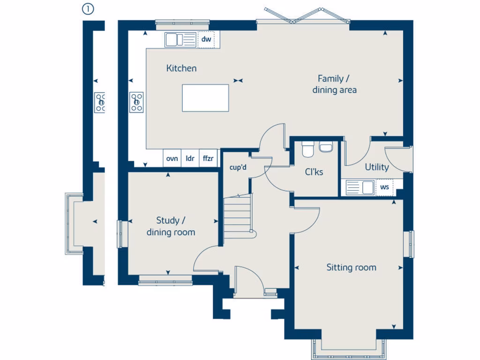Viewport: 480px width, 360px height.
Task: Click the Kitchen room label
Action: pyautogui.click(x=181, y=68)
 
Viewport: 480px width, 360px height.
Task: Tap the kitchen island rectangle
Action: pyautogui.click(x=205, y=98)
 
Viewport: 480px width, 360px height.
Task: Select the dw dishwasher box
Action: pyautogui.click(x=206, y=40)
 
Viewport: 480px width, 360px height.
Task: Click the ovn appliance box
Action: pyautogui.click(x=172, y=158)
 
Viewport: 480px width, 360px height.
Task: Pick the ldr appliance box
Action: pyautogui.click(x=190, y=158)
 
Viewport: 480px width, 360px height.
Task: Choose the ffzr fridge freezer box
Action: pyautogui.click(x=208, y=158)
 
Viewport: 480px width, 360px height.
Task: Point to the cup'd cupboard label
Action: pyautogui.click(x=238, y=167)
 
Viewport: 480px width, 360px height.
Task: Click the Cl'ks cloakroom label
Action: pyautogui.click(x=314, y=172)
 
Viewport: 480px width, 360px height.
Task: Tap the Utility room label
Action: pyautogui.click(x=377, y=167)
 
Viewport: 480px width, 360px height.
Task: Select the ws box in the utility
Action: pyautogui.click(x=385, y=187)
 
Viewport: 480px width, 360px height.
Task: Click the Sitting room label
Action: pyautogui.click(x=351, y=268)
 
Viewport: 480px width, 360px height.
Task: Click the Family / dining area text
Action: pyautogui.click(x=334, y=84)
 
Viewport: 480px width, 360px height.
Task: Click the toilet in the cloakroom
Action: pyautogui.click(x=308, y=149)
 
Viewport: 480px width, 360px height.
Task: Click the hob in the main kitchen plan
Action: pyautogui.click(x=137, y=102)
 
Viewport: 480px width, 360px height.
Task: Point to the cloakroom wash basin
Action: pyautogui.click(x=325, y=147)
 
